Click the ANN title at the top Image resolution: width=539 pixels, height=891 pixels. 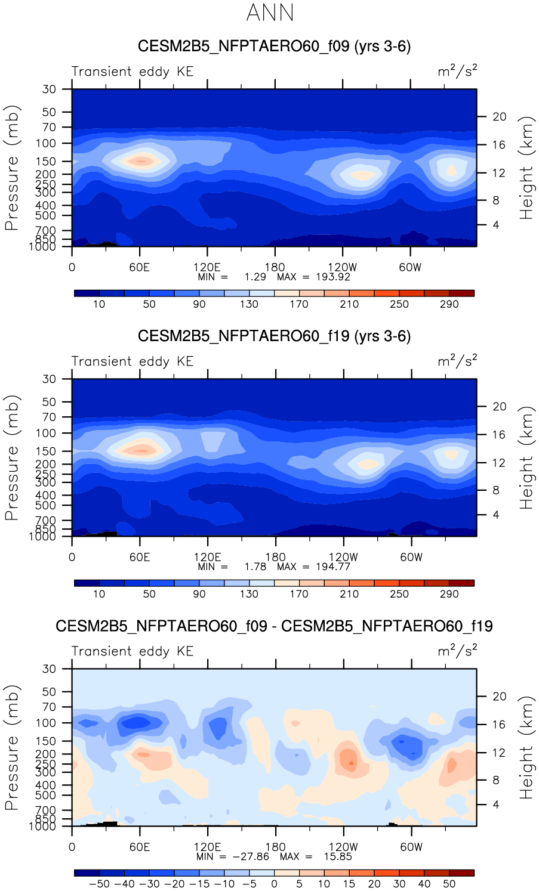[270, 13]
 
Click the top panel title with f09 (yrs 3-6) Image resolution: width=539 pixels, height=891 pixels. [274, 47]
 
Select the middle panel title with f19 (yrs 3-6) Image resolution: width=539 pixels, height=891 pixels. [274, 336]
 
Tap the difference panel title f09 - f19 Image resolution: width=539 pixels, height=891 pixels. [274, 626]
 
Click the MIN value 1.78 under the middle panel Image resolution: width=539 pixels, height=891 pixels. [255, 567]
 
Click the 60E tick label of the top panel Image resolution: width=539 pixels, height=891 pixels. [140, 267]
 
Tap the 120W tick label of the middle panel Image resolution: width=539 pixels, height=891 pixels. [343, 557]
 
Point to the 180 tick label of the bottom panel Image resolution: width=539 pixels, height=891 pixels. [275, 847]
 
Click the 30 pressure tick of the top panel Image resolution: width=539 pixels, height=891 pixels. [49, 89]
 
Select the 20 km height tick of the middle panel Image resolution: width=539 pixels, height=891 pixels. [500, 407]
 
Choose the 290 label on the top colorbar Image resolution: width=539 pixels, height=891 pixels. [449, 304]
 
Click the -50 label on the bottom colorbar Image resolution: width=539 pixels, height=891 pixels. [99, 884]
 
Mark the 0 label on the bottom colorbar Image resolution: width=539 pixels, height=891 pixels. [274, 884]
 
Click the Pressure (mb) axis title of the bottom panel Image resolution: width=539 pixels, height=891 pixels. [12, 747]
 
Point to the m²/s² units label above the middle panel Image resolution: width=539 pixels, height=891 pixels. [457, 361]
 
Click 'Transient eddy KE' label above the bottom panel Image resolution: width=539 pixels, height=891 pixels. [133, 651]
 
